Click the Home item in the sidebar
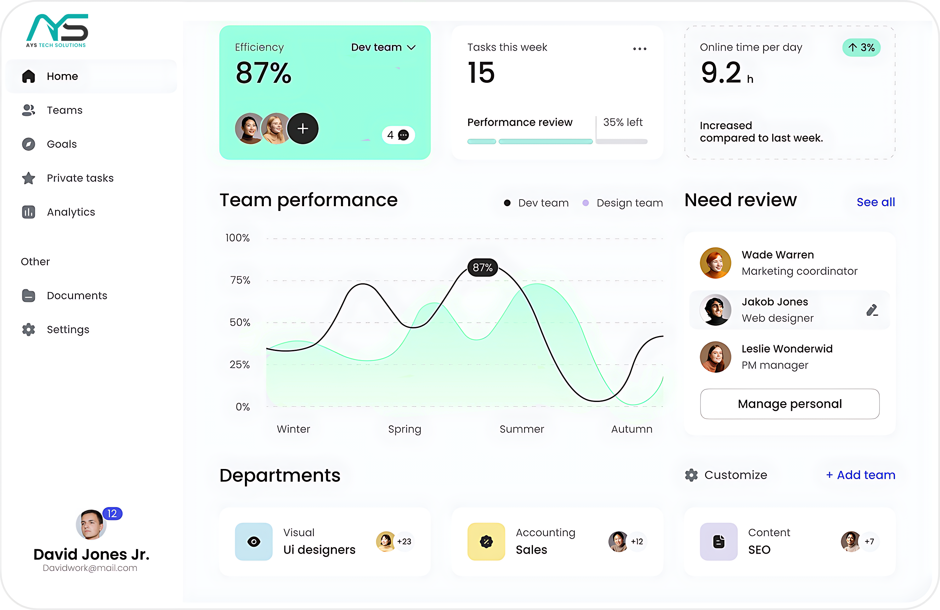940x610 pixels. click(62, 76)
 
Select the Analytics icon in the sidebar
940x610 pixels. click(28, 212)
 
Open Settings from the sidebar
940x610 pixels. click(68, 329)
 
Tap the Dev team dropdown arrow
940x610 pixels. click(411, 48)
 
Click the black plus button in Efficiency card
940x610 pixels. click(303, 128)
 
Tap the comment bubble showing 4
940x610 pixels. click(398, 135)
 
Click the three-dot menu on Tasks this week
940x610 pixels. click(639, 48)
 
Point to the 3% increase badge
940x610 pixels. click(861, 48)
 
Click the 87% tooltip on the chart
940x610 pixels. click(482, 268)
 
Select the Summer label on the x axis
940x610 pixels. click(521, 429)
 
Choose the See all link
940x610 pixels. click(875, 202)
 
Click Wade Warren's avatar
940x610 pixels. click(715, 263)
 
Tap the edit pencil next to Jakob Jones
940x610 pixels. click(872, 310)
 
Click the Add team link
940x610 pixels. click(861, 475)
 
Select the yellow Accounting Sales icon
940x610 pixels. click(486, 541)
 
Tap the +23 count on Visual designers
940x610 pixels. click(404, 541)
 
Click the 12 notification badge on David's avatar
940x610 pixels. click(112, 513)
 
